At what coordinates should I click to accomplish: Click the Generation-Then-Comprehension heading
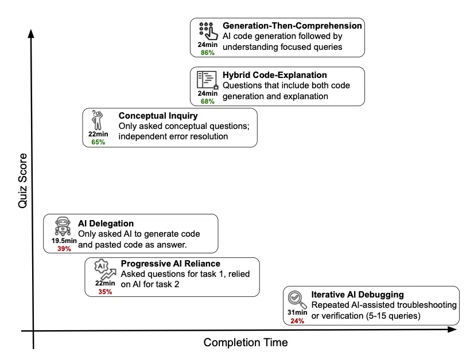tap(292, 26)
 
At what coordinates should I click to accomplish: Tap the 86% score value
tap(207, 52)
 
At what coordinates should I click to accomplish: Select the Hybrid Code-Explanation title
tap(274, 75)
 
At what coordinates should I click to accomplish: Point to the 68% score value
tap(207, 101)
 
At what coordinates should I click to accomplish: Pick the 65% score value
tap(98, 142)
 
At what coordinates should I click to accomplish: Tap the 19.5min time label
tap(61, 241)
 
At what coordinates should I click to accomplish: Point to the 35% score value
tap(104, 291)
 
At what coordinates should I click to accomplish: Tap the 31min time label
tap(297, 313)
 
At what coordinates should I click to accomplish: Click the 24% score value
tap(297, 321)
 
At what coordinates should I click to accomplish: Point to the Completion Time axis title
tap(246, 342)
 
